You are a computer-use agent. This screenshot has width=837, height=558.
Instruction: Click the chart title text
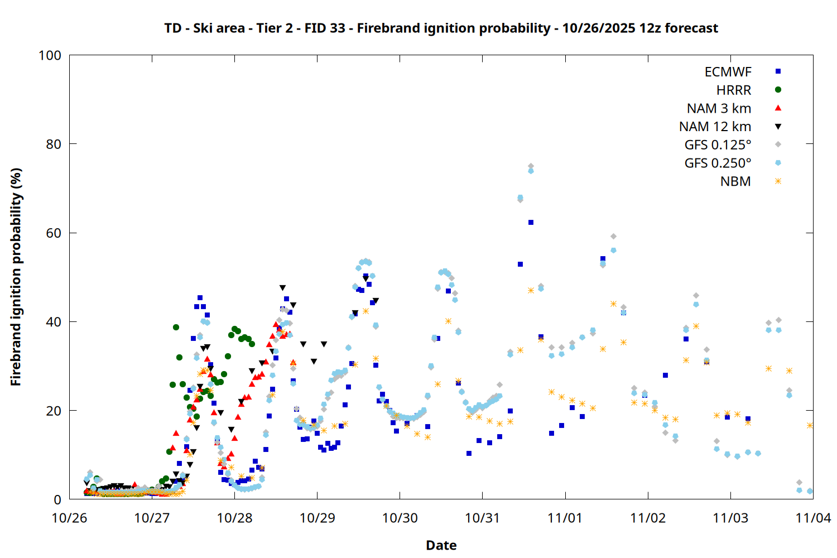[x=441, y=28]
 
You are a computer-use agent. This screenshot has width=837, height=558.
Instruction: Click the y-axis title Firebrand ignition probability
[x=16, y=277]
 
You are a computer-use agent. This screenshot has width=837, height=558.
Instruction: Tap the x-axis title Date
[x=441, y=545]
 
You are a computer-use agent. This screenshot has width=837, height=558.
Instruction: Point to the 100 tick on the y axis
[x=50, y=55]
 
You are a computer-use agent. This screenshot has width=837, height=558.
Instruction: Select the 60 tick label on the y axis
[x=54, y=233]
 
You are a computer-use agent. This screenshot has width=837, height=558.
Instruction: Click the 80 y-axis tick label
[x=54, y=144]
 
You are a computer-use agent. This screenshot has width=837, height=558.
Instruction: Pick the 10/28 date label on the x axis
[x=234, y=518]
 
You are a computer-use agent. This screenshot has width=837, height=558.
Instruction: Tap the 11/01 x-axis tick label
[x=565, y=518]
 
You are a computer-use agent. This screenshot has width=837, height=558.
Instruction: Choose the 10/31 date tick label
[x=482, y=518]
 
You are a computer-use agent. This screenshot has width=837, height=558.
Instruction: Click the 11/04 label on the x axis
[x=812, y=518]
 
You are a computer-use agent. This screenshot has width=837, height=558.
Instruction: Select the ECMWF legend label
[x=728, y=72]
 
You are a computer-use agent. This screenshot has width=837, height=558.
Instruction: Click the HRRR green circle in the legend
[x=778, y=90]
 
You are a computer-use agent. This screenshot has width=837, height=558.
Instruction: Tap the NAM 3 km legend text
[x=719, y=108]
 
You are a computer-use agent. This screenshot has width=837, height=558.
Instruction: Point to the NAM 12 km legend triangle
[x=778, y=127]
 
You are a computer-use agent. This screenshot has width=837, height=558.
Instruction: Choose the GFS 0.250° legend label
[x=718, y=163]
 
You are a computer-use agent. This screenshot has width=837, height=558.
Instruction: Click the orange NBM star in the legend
[x=778, y=181]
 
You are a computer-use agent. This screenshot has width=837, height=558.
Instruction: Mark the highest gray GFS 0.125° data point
[x=531, y=166]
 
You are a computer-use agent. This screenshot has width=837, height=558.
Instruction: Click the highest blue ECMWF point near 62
[x=531, y=222]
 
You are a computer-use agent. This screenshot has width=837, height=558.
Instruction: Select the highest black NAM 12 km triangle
[x=282, y=288]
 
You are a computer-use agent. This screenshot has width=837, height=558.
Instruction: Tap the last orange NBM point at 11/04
[x=810, y=425]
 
